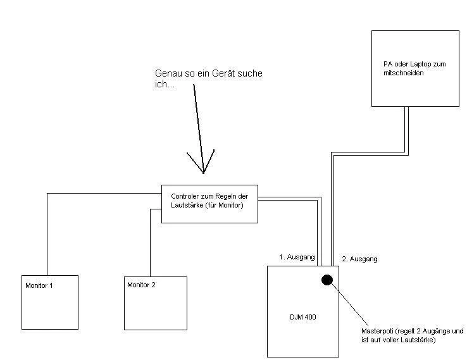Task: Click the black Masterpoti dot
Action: tap(327, 280)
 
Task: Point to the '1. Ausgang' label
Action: tap(296, 257)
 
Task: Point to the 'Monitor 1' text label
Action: tap(39, 285)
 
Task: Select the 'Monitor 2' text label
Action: tap(141, 285)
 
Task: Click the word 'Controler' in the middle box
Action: tap(186, 196)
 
